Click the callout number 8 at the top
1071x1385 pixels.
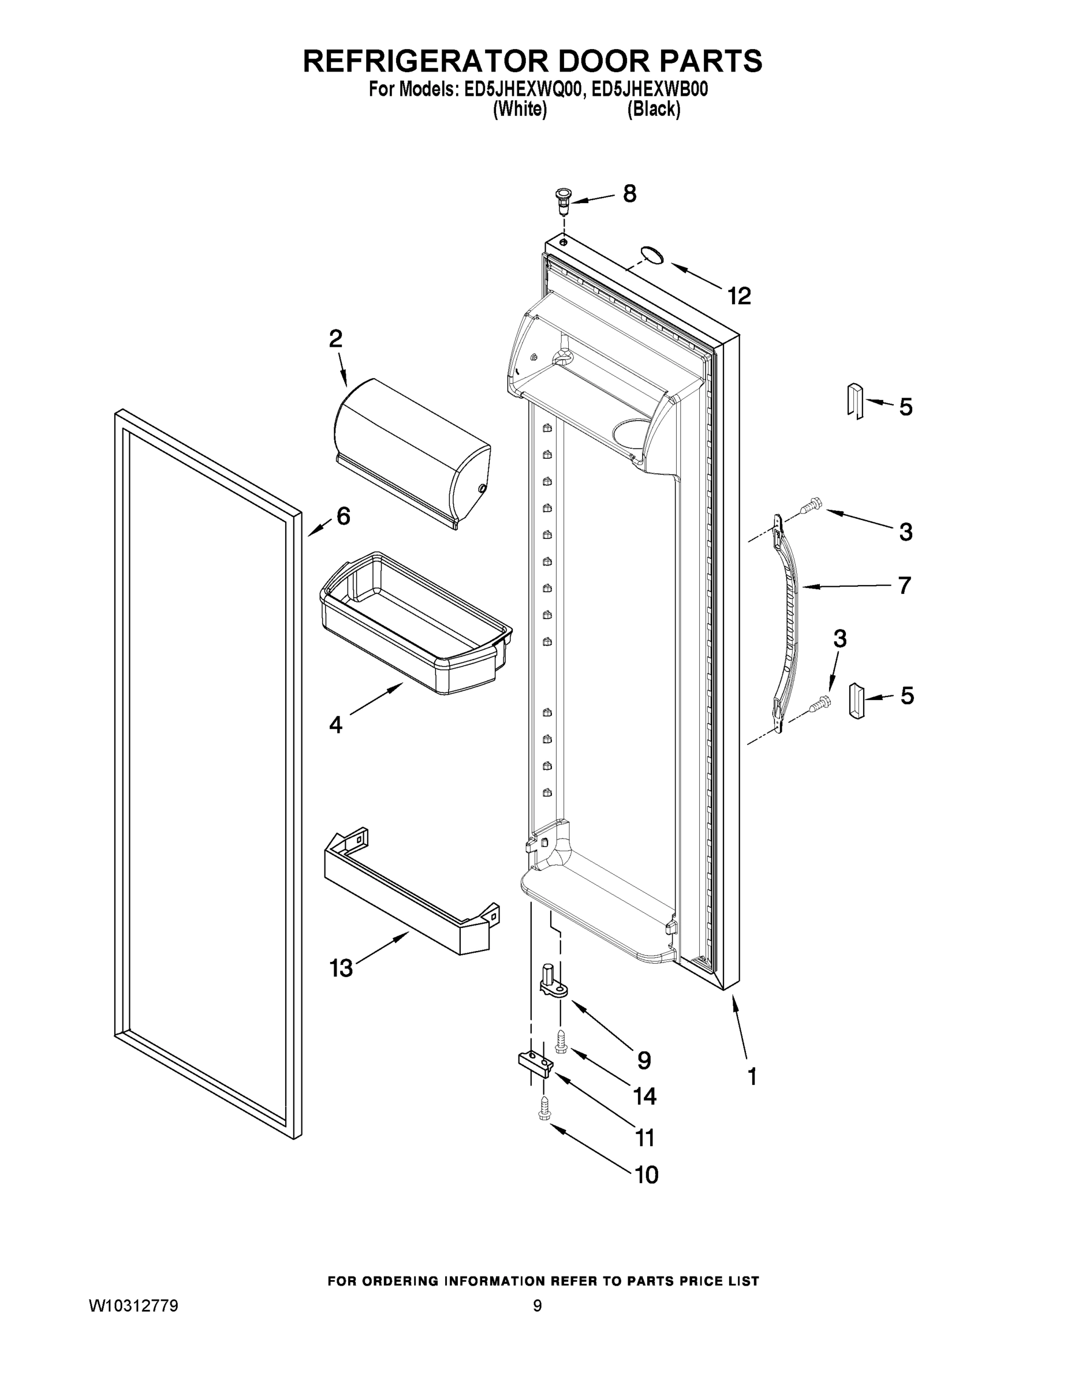[x=629, y=193]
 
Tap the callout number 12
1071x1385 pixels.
[x=739, y=296]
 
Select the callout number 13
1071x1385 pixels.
[x=341, y=968]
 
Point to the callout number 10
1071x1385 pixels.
[x=647, y=1175]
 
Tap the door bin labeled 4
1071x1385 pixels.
[x=416, y=624]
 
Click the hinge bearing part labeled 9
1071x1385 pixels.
[x=551, y=980]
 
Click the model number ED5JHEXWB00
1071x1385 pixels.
[x=649, y=89]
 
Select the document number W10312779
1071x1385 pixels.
[x=133, y=1306]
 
